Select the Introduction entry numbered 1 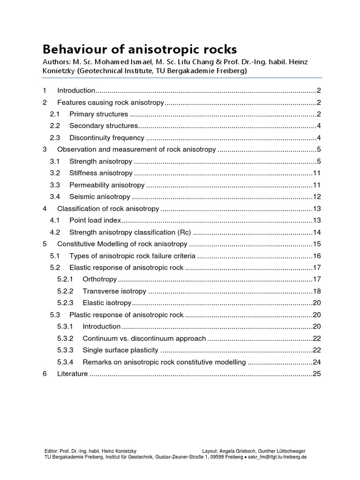pyautogui.click(x=76, y=90)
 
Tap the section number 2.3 pyautogui.click(x=55, y=138)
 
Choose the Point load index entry pyautogui.click(x=95, y=220)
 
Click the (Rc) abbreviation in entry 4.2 pyautogui.click(x=184, y=232)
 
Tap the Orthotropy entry pyautogui.click(x=99, y=279)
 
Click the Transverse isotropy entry pyautogui.click(x=114, y=291)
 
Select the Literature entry pyautogui.click(x=72, y=374)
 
